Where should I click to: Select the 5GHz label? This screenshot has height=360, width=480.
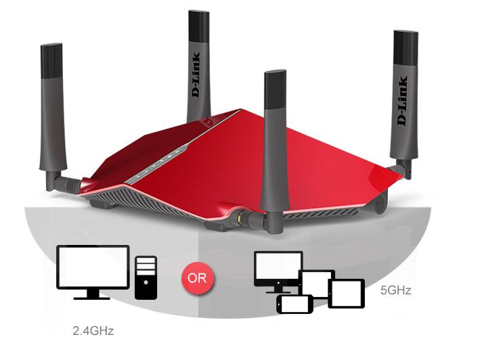tap(396, 291)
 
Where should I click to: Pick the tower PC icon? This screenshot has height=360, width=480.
tap(146, 277)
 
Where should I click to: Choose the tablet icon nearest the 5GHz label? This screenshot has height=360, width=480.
tap(346, 293)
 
